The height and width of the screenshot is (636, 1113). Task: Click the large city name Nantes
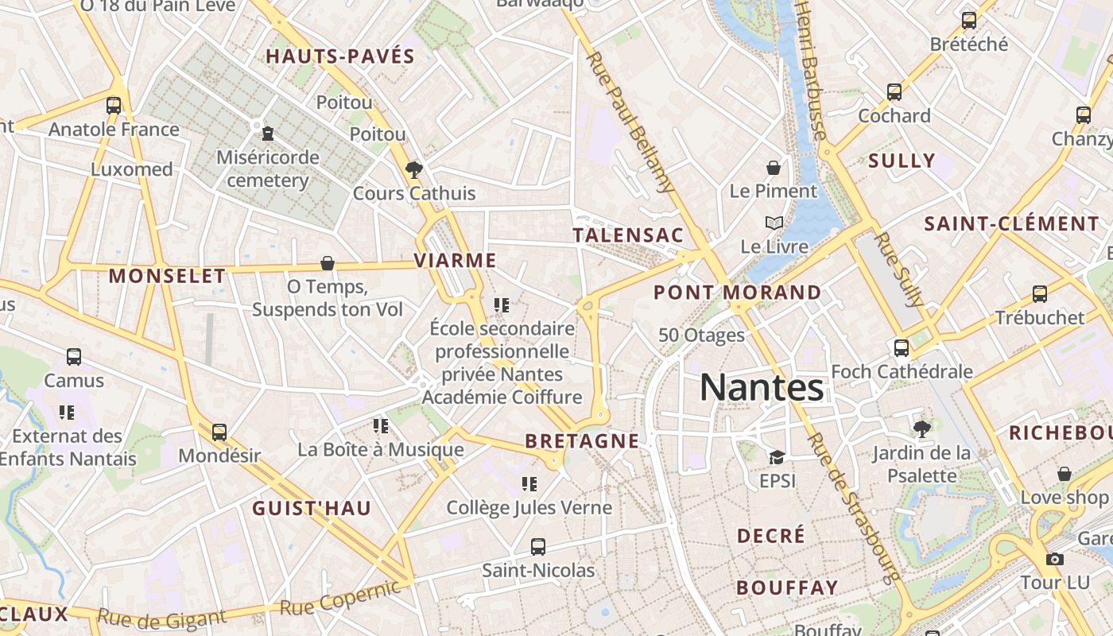click(762, 388)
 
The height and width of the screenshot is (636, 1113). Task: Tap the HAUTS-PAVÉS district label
click(340, 56)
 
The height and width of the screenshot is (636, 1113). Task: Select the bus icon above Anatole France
click(114, 105)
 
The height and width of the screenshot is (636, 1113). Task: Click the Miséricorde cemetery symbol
click(268, 133)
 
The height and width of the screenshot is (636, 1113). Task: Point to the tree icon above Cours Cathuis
click(413, 169)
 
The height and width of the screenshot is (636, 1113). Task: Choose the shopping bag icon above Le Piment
click(774, 168)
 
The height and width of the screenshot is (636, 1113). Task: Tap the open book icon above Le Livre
click(774, 223)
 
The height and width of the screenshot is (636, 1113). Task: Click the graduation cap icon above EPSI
click(777, 457)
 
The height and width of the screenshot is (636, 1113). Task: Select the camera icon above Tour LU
click(1055, 559)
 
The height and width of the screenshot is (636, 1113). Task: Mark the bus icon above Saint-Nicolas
click(538, 546)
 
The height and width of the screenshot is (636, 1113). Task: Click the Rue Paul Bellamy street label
click(630, 122)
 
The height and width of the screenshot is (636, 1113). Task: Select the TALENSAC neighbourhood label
click(628, 235)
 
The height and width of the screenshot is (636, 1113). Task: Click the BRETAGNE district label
click(582, 441)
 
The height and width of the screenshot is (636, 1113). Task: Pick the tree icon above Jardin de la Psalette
click(922, 429)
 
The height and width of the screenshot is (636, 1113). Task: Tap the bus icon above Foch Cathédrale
click(902, 347)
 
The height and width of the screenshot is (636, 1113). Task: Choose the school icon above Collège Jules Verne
click(529, 483)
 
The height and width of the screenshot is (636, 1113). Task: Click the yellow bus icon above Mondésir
click(219, 432)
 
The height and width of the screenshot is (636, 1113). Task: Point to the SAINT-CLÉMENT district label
click(1011, 224)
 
